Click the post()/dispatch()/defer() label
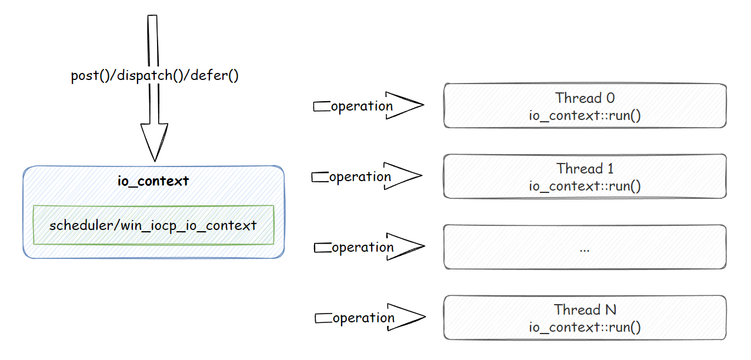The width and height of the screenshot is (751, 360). [155, 76]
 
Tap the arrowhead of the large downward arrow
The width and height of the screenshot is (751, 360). [153, 141]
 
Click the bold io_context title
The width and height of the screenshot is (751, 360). [153, 181]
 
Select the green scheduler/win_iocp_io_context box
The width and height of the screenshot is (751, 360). [153, 225]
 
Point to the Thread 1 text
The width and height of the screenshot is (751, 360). [585, 169]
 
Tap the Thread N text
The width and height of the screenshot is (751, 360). [585, 310]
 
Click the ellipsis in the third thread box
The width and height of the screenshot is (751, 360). [585, 249]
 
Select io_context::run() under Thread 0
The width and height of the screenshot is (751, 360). [585, 115]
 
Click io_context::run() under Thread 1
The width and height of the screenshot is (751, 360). [585, 186]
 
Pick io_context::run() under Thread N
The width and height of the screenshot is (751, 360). [585, 328]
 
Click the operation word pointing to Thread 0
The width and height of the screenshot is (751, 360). [362, 106]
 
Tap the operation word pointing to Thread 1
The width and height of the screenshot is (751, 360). [360, 177]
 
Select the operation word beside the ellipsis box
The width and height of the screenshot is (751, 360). [362, 248]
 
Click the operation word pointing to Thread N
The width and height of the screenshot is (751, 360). [363, 318]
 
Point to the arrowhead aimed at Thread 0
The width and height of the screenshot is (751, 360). [406, 106]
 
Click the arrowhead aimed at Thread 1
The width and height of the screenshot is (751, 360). [405, 176]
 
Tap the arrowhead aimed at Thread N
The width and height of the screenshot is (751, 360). [407, 318]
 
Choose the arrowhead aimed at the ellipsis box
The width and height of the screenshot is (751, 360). [406, 247]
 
